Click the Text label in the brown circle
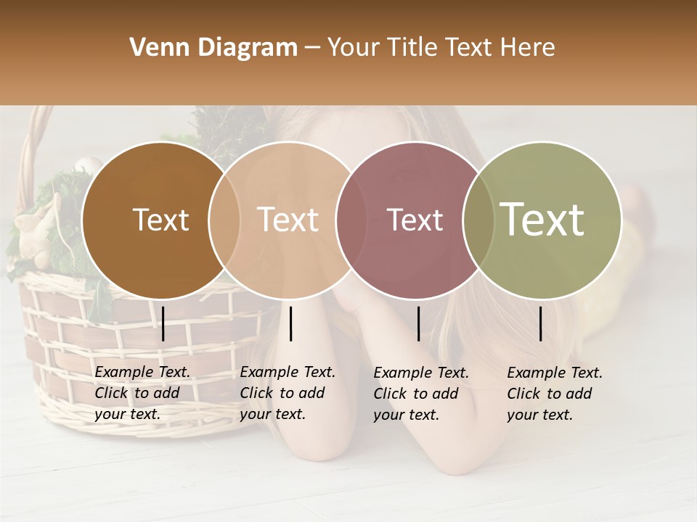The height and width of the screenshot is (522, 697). pyautogui.click(x=160, y=220)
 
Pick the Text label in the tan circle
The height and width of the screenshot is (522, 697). pyautogui.click(x=288, y=220)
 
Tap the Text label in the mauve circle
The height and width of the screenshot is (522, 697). pyautogui.click(x=415, y=220)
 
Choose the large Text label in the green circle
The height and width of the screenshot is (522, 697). pyautogui.click(x=542, y=220)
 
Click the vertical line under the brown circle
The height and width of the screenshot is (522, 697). pyautogui.click(x=163, y=323)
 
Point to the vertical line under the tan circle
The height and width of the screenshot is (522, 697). pyautogui.click(x=291, y=323)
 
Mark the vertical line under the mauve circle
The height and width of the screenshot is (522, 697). pyautogui.click(x=419, y=323)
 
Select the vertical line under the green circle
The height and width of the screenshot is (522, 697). pyautogui.click(x=541, y=323)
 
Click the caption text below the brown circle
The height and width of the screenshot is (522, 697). pyautogui.click(x=142, y=393)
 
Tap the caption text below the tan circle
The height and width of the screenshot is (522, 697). pyautogui.click(x=288, y=393)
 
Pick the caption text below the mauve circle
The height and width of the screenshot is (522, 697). pyautogui.click(x=421, y=394)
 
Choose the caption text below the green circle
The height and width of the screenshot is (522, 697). pyautogui.click(x=555, y=394)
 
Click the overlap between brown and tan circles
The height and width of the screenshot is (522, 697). pyautogui.click(x=224, y=220)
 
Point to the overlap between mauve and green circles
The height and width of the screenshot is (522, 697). pyautogui.click(x=478, y=220)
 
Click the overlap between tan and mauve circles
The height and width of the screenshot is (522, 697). pyautogui.click(x=351, y=220)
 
